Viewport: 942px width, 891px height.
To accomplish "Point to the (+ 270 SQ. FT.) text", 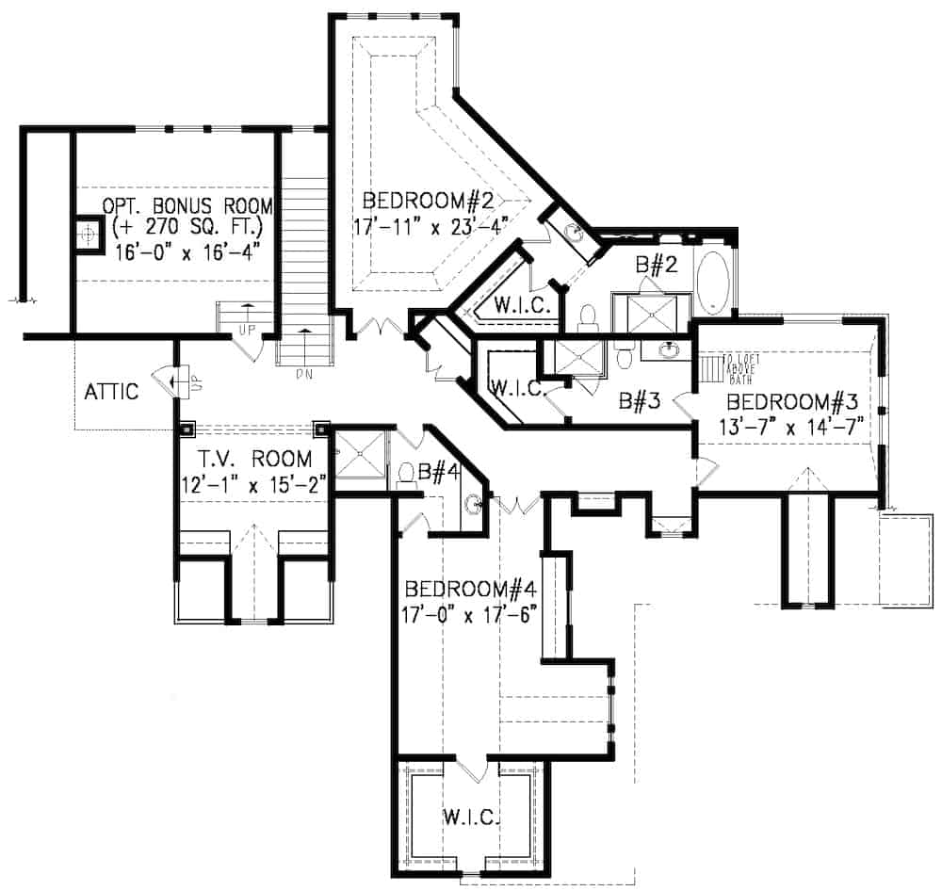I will pyautogui.click(x=186, y=228).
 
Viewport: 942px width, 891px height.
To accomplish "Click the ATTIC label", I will pyautogui.click(x=110, y=391).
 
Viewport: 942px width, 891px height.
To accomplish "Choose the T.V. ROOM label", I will pyautogui.click(x=255, y=460).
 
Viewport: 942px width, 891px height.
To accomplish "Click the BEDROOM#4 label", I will pyautogui.click(x=470, y=590).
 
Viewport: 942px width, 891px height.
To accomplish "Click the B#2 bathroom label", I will pyautogui.click(x=652, y=267).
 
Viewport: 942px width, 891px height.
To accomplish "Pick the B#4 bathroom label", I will pyautogui.click(x=438, y=474).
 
